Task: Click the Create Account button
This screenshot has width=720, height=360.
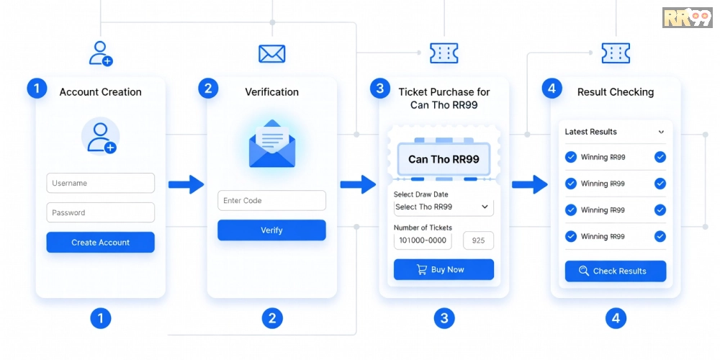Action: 100,242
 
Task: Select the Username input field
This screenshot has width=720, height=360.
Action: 100,183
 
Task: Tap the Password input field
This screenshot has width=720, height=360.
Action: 100,212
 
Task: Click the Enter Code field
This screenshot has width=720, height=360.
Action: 271,201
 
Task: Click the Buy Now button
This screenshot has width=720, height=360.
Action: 444,269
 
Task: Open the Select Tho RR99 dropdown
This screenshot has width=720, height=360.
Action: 444,207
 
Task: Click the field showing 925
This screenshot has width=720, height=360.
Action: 479,240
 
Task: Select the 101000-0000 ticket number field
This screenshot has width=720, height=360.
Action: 423,240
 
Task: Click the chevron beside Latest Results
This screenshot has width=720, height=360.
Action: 661,132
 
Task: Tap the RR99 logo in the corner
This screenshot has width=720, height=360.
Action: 687,17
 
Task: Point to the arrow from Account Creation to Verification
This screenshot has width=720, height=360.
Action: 186,184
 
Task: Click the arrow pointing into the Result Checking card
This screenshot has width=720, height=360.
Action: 529,184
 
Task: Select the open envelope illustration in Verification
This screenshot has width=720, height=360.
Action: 272,143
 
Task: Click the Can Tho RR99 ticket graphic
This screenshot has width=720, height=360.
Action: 444,157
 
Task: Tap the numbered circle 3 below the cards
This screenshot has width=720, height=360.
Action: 444,318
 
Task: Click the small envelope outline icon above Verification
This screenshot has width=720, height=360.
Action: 272,54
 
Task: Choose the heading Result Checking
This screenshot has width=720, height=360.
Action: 616,92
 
